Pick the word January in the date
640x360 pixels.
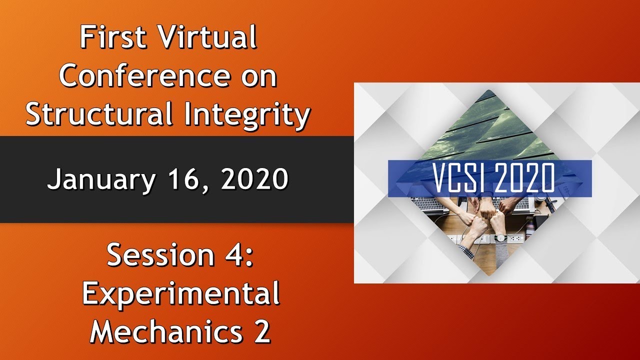(100, 179)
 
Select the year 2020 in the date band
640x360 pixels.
(253, 179)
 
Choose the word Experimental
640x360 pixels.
(180, 294)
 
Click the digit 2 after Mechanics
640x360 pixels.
(261, 330)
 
